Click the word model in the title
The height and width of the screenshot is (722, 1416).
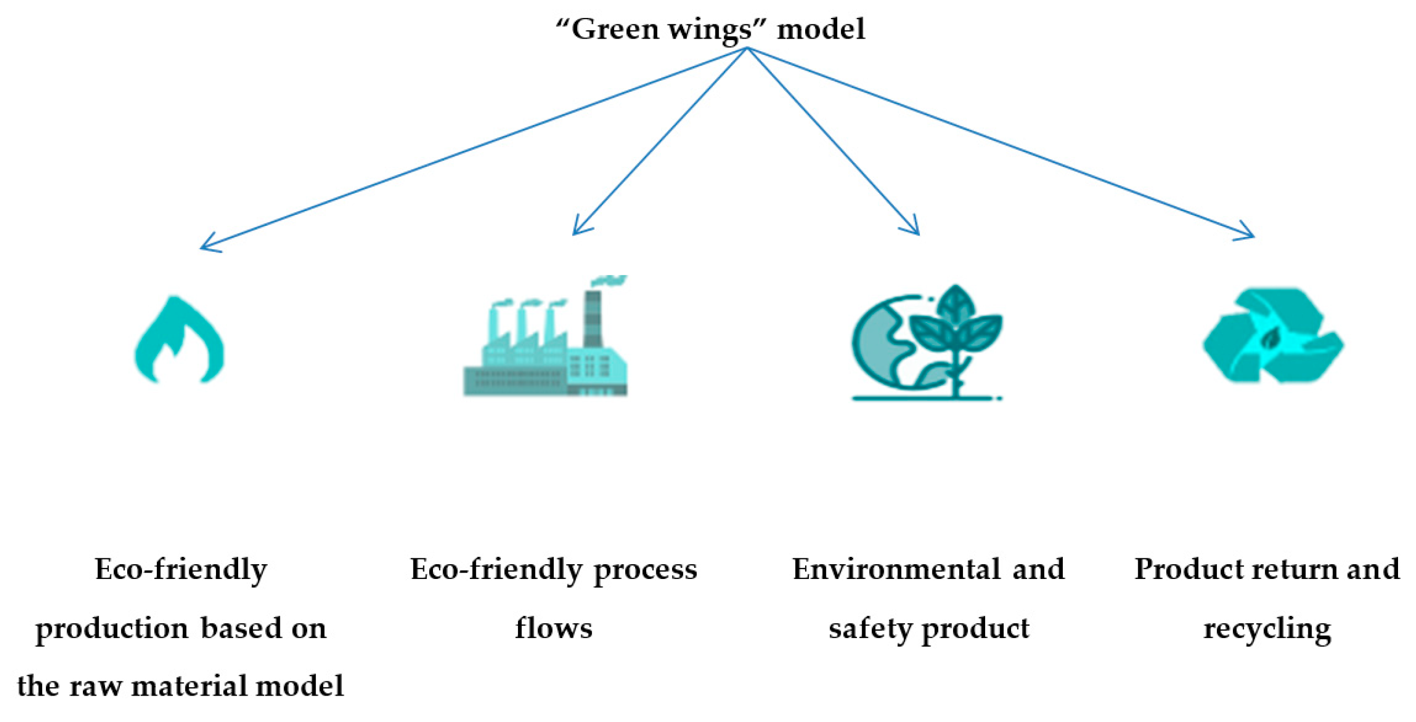pos(820,29)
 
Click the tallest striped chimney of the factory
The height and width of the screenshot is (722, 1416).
pos(592,319)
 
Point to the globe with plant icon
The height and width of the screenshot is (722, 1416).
pos(927,344)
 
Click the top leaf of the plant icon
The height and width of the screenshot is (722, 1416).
pos(956,303)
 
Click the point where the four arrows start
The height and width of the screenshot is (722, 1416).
pos(747,49)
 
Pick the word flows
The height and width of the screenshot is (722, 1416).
pos(553,628)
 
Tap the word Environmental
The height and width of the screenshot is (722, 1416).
pos(896,569)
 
